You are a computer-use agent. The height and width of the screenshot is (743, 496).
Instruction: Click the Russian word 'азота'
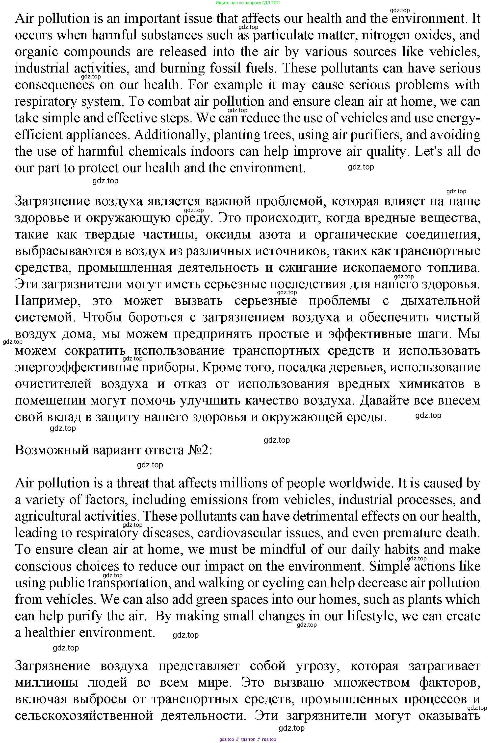(275, 235)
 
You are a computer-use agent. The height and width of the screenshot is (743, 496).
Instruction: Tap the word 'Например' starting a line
(48, 301)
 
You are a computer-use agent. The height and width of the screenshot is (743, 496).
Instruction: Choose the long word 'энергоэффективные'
(76, 367)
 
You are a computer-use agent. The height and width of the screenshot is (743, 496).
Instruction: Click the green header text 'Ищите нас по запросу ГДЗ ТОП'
(248, 3)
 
